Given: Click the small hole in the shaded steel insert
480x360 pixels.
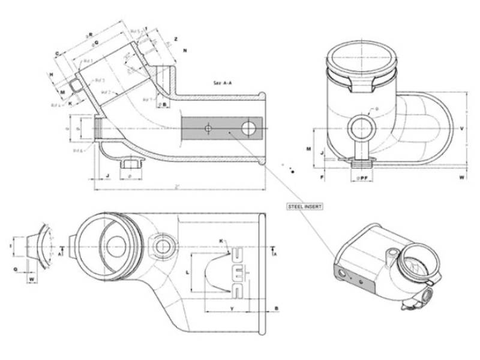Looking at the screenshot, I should coord(207,128).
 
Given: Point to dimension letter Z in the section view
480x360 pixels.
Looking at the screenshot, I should coord(176,39).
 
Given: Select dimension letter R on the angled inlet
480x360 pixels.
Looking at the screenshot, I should coord(90,34).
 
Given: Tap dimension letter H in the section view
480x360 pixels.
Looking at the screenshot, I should coord(52,74).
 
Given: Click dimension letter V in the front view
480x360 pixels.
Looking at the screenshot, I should coord(461,129).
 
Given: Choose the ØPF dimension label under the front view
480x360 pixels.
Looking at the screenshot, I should coord(363,178).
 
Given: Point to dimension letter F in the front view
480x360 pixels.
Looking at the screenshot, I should coord(322,178).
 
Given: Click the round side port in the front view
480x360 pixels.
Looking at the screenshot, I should coord(362,127).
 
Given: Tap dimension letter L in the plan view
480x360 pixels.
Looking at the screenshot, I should coord(188,272).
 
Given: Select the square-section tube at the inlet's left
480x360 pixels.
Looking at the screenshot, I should coord(75,85).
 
